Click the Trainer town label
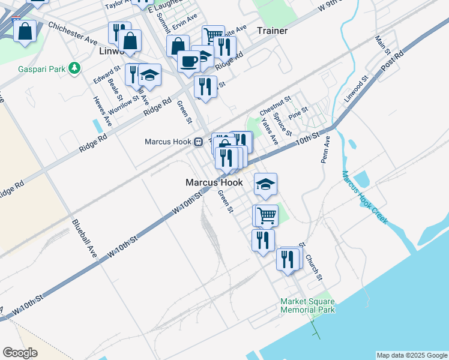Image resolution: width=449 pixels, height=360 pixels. click(272, 31)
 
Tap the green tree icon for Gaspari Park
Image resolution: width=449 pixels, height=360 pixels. click(74, 68)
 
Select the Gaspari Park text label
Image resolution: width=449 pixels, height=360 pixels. click(41, 69)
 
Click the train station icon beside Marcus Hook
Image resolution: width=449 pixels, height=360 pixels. click(197, 142)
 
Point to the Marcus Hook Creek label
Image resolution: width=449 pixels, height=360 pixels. click(365, 197)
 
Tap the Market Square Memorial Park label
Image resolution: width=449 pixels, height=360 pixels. click(307, 305)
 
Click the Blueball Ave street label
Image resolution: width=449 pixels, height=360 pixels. click(83, 238)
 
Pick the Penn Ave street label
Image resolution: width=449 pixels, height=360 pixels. click(325, 149)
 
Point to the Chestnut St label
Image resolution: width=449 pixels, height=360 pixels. click(275, 106)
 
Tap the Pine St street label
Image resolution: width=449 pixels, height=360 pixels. click(298, 112)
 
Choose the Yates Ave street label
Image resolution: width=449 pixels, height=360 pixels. click(270, 131)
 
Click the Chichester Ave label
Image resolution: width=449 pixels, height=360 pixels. click(73, 34)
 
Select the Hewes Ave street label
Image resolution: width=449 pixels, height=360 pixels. click(103, 110)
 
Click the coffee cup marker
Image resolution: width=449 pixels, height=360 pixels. click(189, 61)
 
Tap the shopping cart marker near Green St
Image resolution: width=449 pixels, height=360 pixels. click(266, 214)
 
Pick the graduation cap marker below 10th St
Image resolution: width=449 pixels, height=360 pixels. click(266, 184)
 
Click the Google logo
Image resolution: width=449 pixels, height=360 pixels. click(20, 352)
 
